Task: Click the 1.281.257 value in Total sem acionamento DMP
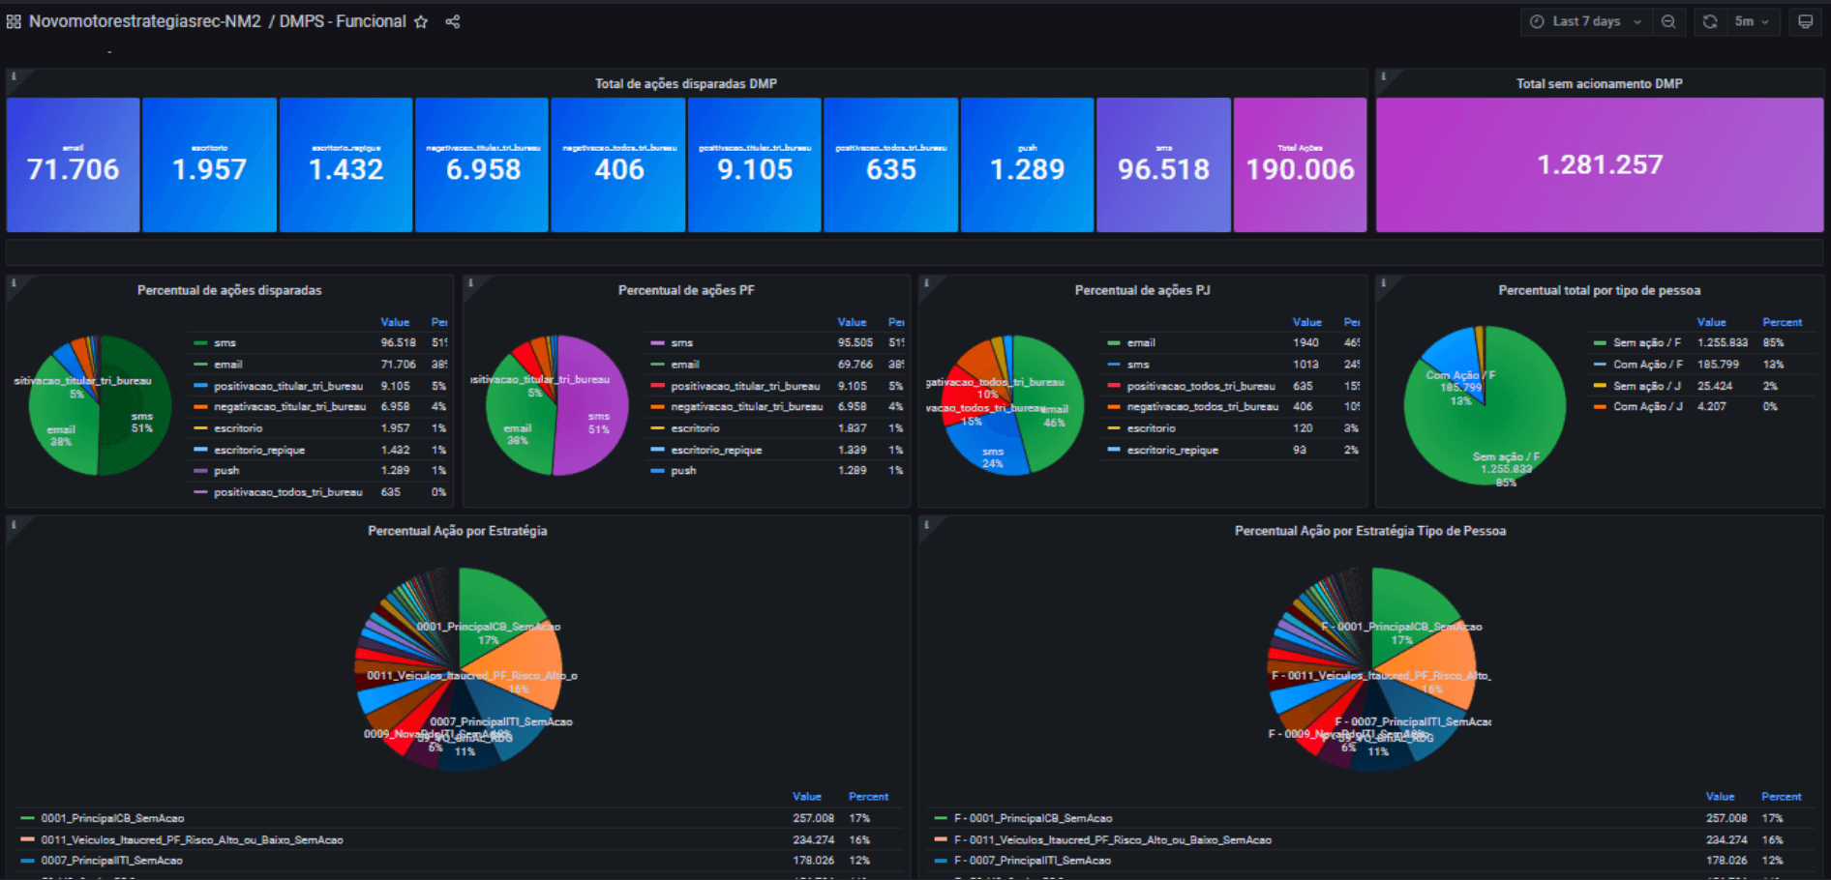click(x=1599, y=165)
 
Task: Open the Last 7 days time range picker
click(x=1585, y=21)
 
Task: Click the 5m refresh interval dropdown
click(x=1752, y=21)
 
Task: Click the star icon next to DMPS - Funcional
click(x=421, y=22)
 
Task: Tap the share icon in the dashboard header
click(x=452, y=22)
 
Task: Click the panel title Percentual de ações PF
click(x=686, y=290)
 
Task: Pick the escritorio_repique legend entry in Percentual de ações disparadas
click(x=259, y=450)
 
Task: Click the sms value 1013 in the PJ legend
click(x=1305, y=365)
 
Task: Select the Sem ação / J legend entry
click(x=1646, y=386)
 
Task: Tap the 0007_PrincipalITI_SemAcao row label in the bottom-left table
click(x=111, y=861)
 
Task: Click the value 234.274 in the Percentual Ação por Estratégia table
click(x=813, y=839)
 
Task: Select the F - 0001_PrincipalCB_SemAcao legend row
click(x=1033, y=818)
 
